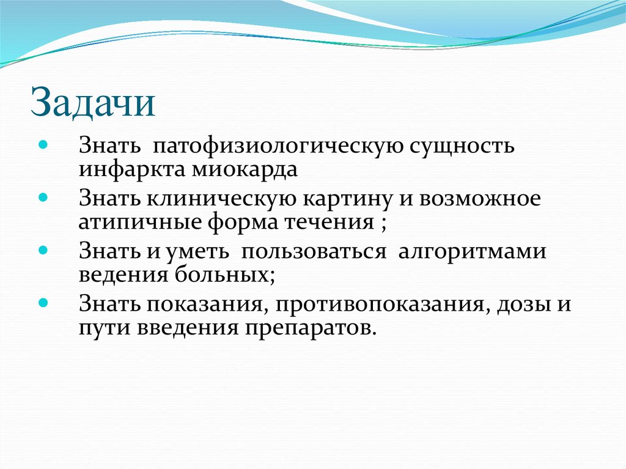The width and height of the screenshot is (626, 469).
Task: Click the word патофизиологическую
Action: point(276,147)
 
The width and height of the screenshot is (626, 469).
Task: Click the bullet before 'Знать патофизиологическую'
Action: point(42,147)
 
